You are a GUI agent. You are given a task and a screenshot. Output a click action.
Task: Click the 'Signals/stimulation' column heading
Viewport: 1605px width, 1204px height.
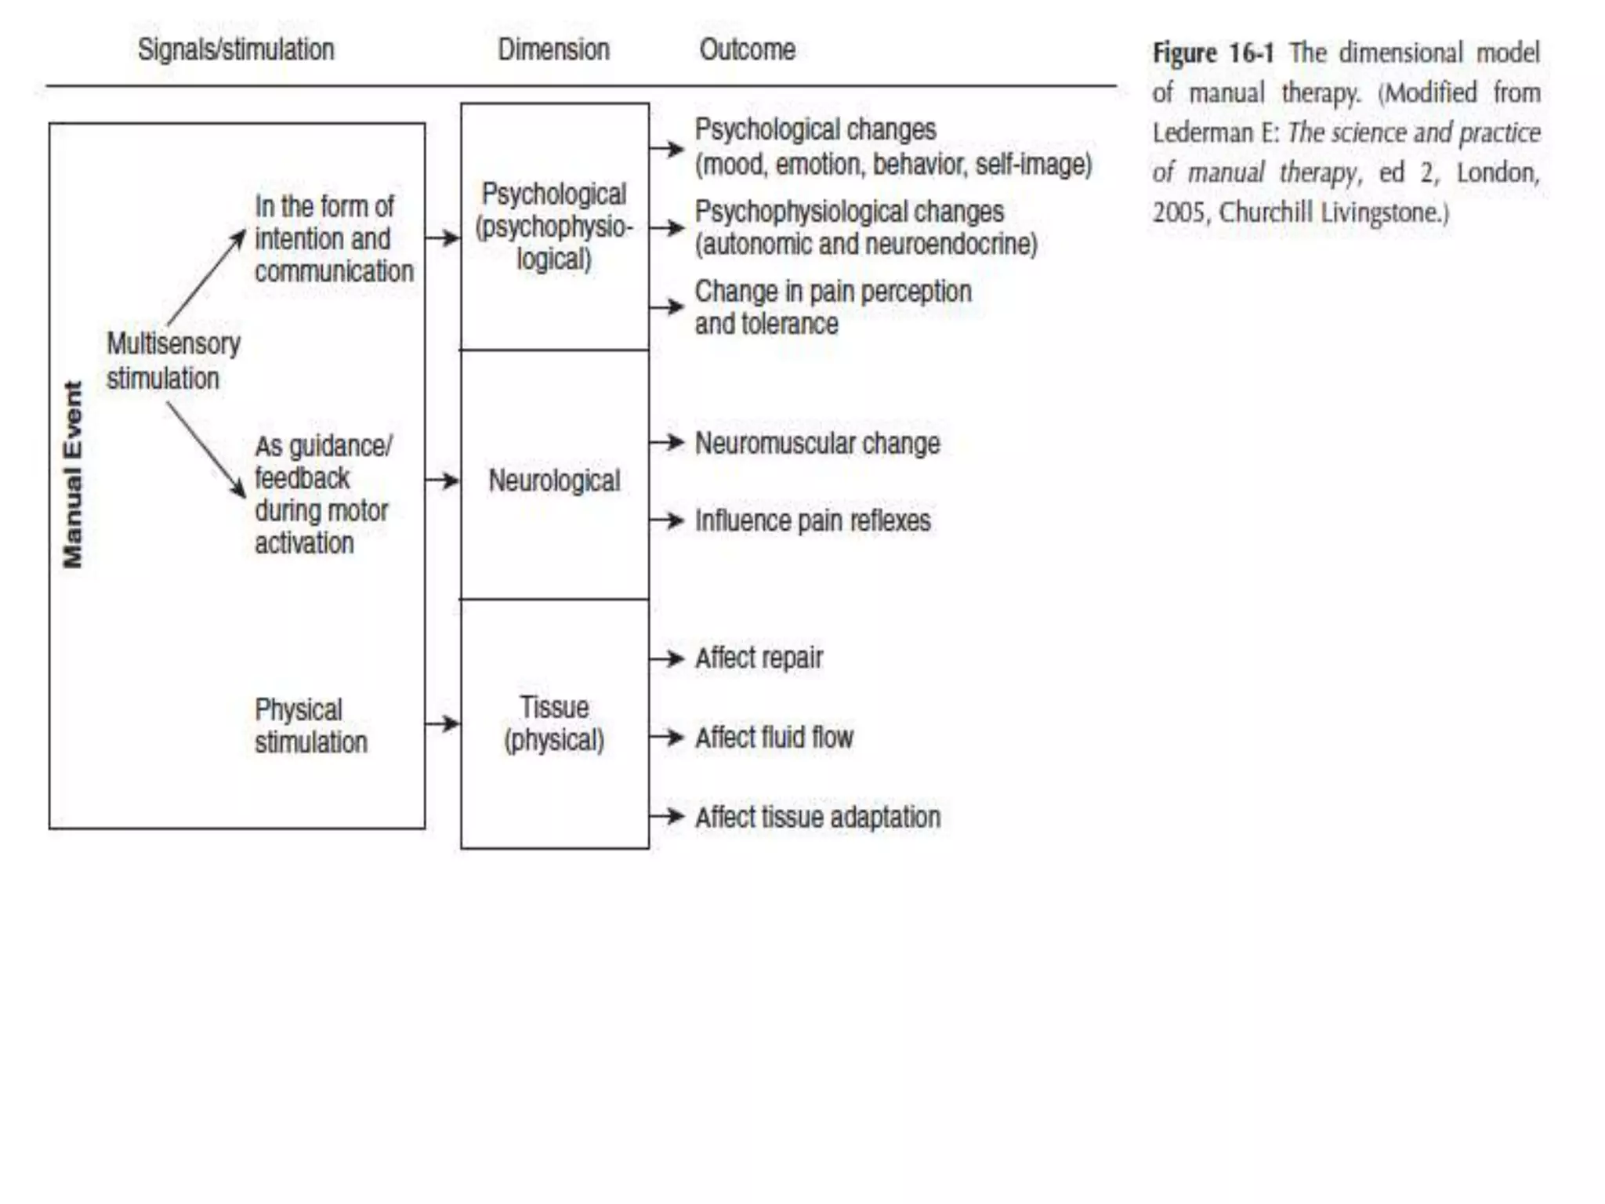pos(236,50)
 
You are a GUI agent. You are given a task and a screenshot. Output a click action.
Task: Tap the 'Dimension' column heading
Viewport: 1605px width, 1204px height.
pos(553,50)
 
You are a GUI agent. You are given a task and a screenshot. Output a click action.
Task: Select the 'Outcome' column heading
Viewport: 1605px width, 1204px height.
pos(747,50)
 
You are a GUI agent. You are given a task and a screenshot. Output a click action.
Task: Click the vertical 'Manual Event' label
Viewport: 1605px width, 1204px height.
pos(73,474)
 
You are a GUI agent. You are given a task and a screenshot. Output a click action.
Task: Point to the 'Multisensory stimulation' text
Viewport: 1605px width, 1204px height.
pos(172,361)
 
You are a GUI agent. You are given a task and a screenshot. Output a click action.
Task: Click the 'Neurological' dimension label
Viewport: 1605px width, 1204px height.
pos(554,481)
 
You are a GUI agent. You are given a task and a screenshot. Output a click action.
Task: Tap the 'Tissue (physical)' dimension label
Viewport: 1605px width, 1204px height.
pos(554,723)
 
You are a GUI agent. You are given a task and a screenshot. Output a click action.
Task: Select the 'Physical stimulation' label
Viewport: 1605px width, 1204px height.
pos(310,726)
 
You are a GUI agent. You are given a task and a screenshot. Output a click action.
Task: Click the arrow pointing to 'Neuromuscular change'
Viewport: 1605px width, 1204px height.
pos(667,443)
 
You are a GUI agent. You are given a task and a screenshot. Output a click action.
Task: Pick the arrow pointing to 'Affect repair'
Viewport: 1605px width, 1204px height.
pos(667,658)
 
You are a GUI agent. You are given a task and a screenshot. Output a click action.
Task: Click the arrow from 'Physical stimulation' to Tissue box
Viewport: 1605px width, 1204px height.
pos(443,723)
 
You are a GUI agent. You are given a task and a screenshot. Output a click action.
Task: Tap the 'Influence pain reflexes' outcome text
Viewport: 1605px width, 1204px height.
pos(813,520)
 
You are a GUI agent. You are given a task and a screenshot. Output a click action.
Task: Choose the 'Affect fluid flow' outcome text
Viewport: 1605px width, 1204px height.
pos(774,738)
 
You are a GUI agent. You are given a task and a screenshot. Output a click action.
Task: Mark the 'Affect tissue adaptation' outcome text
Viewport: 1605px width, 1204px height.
pos(817,817)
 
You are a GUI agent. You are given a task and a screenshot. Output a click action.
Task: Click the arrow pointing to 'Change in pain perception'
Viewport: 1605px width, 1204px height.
pos(667,306)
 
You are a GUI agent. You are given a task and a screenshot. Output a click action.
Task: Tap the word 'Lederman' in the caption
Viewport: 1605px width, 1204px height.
pos(1202,133)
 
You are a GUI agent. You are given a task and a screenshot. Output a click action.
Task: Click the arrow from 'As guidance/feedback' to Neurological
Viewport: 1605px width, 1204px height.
pos(443,480)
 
